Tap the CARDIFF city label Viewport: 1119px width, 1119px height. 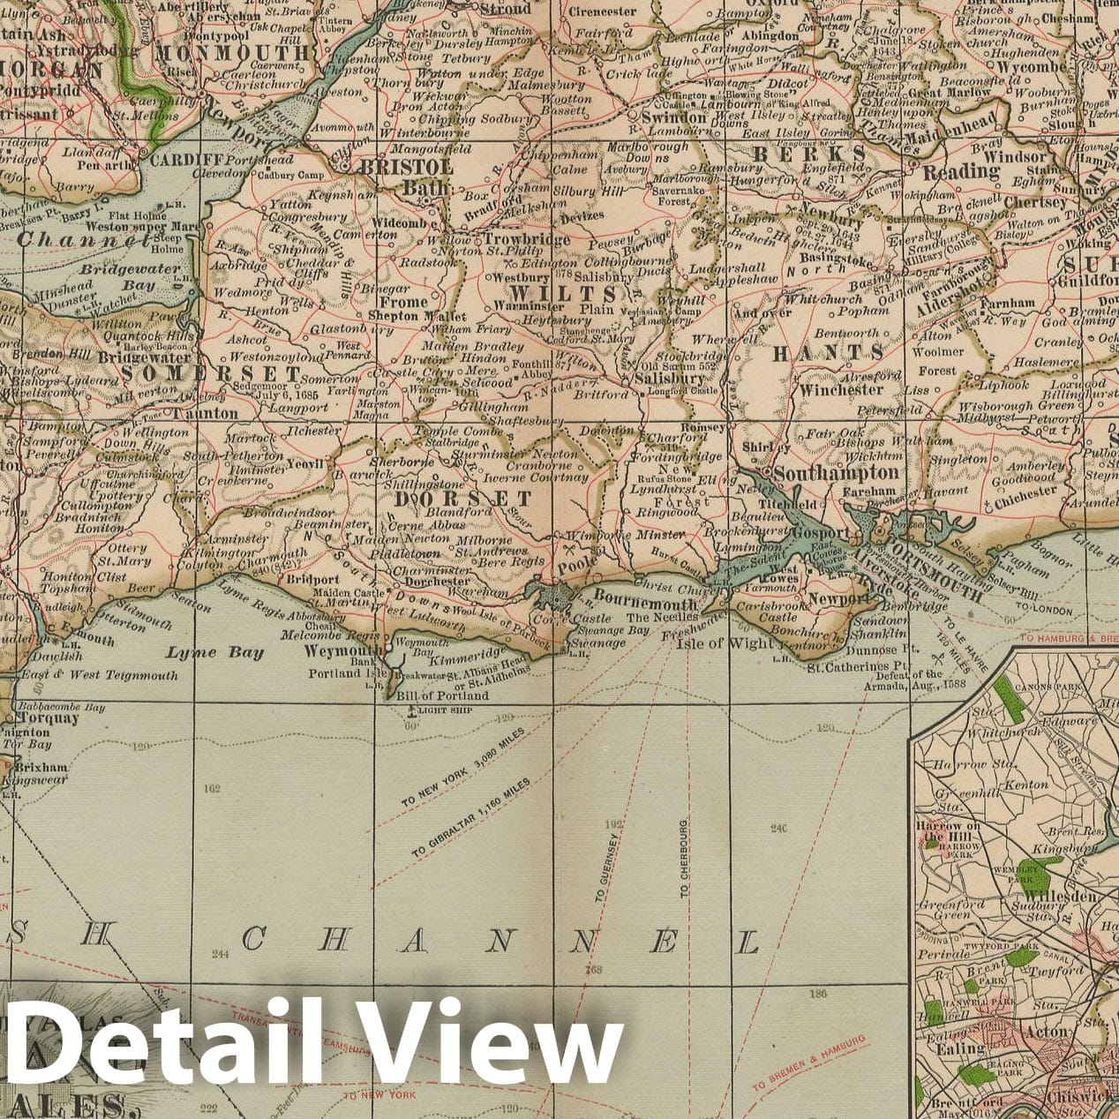pos(184,161)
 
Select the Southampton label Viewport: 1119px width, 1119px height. pos(836,473)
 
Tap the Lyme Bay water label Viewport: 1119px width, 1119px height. pos(214,653)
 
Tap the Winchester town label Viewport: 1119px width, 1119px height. pos(841,388)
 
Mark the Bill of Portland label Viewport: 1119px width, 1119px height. pos(442,695)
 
